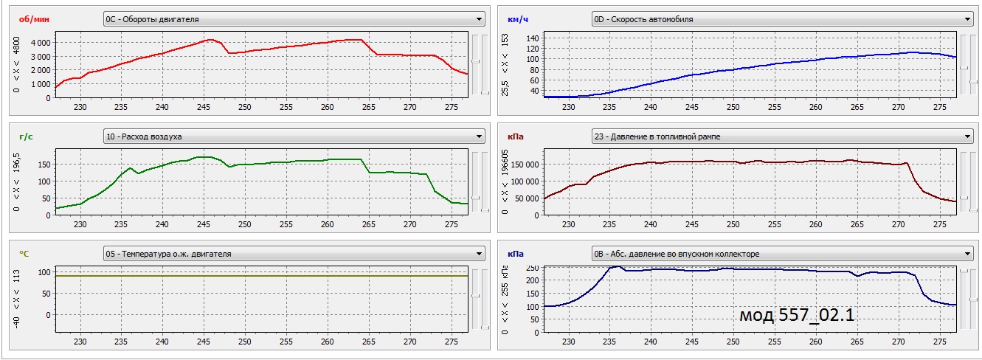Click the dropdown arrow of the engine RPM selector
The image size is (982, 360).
[x=480, y=19]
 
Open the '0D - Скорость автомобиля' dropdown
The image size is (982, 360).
[x=782, y=19]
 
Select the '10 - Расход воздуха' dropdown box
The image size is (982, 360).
[x=294, y=136]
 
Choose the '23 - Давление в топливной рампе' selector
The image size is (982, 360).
[x=782, y=136]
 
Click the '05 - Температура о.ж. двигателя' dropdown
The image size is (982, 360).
[x=294, y=254]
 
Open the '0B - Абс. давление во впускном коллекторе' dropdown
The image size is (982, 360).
[x=782, y=254]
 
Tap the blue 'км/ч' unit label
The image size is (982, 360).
[x=517, y=19]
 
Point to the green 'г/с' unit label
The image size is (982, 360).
[x=27, y=136]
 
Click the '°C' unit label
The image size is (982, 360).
[x=24, y=253]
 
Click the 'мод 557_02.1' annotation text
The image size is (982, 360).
[x=797, y=315]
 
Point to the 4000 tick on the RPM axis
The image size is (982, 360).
[x=40, y=43]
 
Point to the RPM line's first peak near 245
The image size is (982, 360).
[x=210, y=39]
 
